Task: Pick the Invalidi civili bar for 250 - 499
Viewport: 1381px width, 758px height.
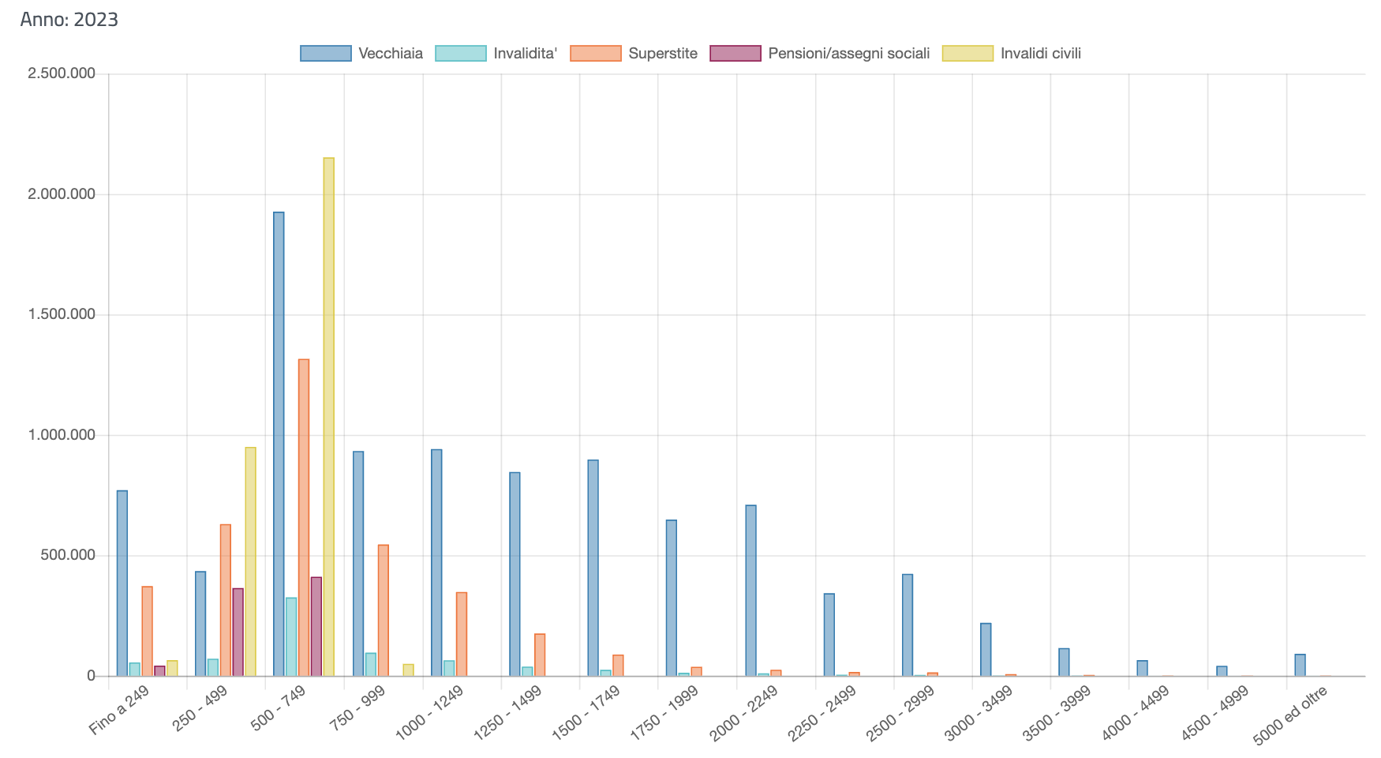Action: coord(250,561)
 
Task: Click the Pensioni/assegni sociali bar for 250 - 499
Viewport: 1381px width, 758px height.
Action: coord(238,632)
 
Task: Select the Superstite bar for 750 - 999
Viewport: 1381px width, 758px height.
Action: coord(383,610)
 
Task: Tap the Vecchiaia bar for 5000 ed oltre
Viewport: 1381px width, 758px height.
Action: coord(1300,665)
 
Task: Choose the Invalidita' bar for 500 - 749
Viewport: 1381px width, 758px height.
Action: coord(291,636)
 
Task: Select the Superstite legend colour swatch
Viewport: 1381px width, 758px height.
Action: coord(596,54)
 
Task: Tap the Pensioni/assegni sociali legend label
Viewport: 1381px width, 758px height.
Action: coord(848,54)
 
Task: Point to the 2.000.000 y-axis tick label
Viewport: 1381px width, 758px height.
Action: coord(62,194)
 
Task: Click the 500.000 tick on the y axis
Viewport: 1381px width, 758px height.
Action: coord(66,555)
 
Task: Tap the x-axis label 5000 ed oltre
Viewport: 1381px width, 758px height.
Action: coord(1291,715)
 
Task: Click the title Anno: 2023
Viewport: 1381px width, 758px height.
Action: coord(69,19)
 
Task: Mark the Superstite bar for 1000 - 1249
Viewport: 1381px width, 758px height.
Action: coord(462,634)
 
